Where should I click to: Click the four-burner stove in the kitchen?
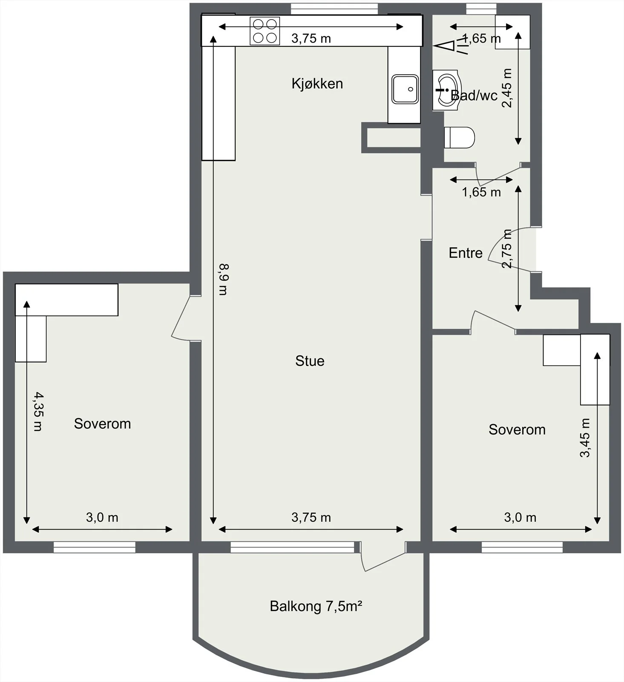pos(265,31)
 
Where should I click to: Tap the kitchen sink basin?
pos(405,89)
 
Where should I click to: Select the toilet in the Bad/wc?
pos(459,138)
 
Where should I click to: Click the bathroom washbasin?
pos(446,90)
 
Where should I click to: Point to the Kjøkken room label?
pos(317,84)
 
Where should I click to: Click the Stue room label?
pos(310,361)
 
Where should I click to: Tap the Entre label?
pos(466,253)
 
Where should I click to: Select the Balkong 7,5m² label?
pos(316,606)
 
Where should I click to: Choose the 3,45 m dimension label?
pos(585,438)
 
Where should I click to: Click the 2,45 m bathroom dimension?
pos(507,88)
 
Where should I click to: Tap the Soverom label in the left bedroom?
pos(102,424)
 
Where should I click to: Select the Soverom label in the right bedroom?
pos(517,430)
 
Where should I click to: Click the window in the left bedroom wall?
pos(95,547)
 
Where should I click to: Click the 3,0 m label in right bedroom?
pos(520,517)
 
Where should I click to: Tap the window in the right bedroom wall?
pos(522,547)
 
